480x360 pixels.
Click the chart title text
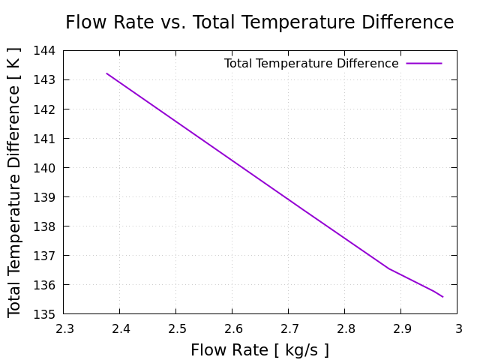(x=259, y=22)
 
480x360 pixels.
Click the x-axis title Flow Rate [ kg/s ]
(x=259, y=350)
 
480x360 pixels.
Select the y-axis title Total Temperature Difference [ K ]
(x=15, y=181)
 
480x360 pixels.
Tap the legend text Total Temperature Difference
(x=311, y=64)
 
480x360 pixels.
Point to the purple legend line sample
(x=424, y=64)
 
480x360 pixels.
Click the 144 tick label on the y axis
(x=46, y=51)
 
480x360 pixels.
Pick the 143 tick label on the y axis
(x=46, y=80)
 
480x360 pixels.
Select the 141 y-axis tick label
(x=46, y=139)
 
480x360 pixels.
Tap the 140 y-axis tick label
(x=46, y=168)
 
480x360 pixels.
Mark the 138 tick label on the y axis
(x=46, y=226)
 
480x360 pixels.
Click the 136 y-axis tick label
(x=46, y=285)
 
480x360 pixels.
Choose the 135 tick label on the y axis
(x=46, y=314)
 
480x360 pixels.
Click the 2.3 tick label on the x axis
(x=64, y=328)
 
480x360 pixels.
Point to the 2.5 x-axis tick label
(x=176, y=328)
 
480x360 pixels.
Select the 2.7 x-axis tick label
(x=289, y=328)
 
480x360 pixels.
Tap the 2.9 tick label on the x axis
(x=401, y=328)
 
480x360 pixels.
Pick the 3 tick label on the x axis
(x=457, y=328)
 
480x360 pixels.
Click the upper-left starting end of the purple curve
(x=106, y=73)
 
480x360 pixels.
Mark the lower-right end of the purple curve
(x=442, y=297)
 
